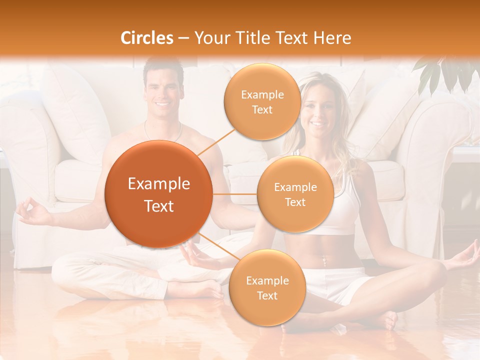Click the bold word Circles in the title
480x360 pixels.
[x=147, y=38]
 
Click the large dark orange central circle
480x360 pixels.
[x=159, y=194]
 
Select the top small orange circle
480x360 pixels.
[x=262, y=101]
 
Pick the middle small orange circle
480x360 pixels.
[x=295, y=194]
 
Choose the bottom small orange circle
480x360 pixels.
[x=267, y=287]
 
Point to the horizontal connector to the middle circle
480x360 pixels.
[x=235, y=194]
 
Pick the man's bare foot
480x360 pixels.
[x=200, y=290]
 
